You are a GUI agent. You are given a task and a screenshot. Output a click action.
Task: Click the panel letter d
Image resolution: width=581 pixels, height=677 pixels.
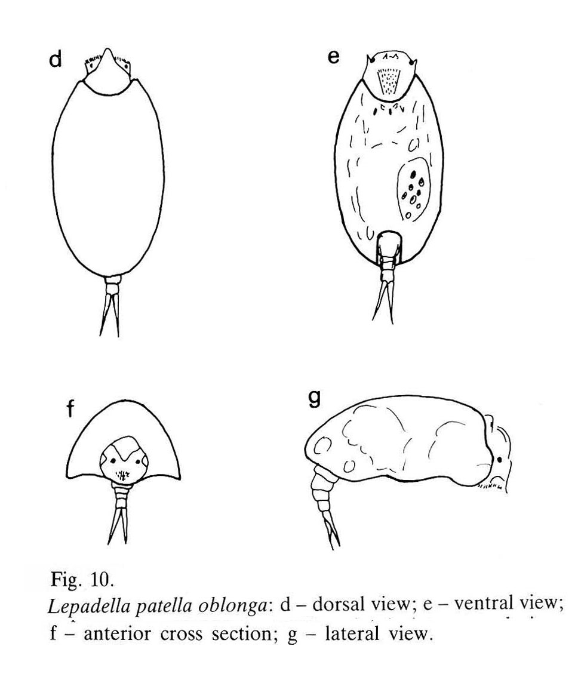pyautogui.click(x=56, y=59)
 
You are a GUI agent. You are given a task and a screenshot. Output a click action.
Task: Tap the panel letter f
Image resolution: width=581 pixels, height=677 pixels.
pyautogui.click(x=70, y=408)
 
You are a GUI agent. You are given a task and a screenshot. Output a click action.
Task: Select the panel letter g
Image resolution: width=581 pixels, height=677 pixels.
pyautogui.click(x=315, y=398)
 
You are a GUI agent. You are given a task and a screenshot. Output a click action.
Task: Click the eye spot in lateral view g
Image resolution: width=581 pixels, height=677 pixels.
pyautogui.click(x=499, y=460)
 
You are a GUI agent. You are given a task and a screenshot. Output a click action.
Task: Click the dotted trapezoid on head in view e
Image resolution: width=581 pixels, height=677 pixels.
pyautogui.click(x=388, y=81)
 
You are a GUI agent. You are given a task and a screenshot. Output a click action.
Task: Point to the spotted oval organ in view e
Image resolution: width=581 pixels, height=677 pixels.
pyautogui.click(x=413, y=189)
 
